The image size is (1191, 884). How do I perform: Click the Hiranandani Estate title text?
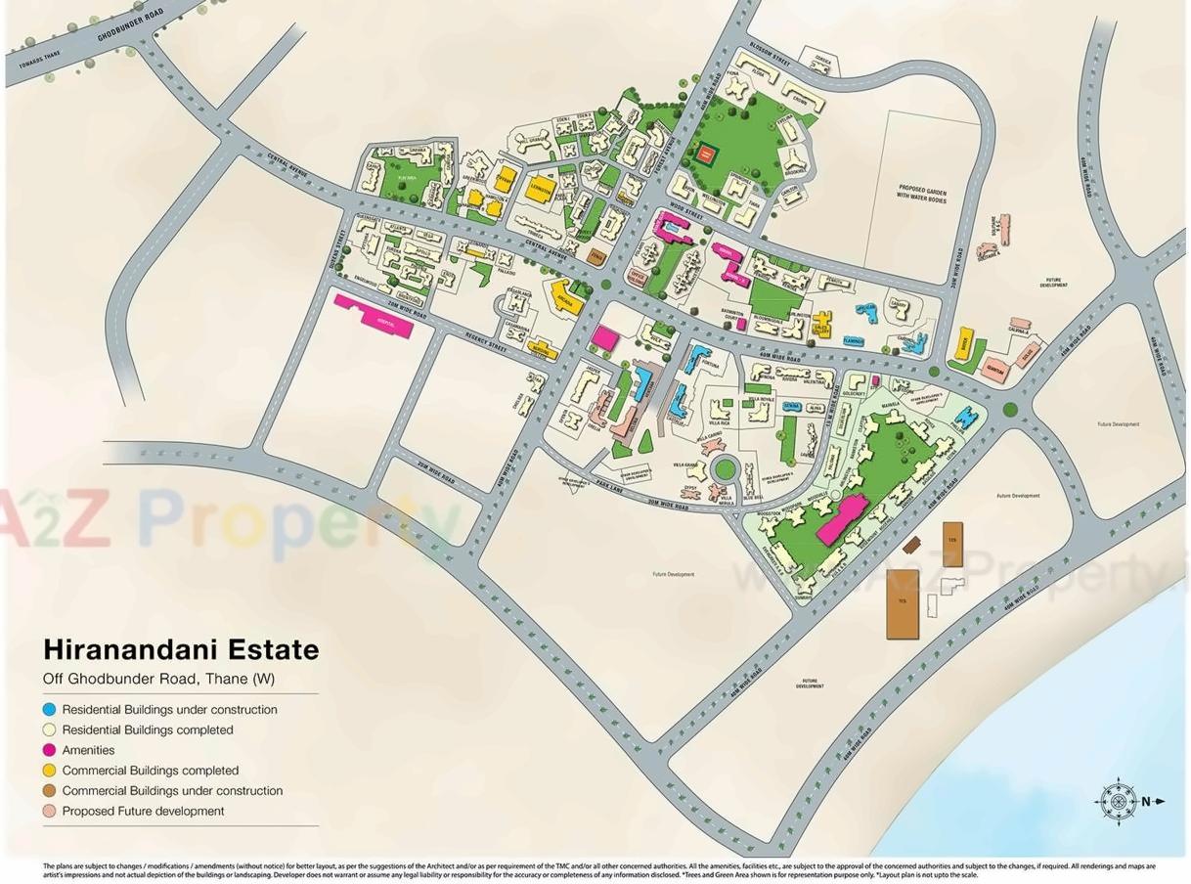[x=181, y=650]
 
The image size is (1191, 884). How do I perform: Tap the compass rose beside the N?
[x=1117, y=802]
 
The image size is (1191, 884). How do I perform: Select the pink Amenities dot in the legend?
[x=49, y=750]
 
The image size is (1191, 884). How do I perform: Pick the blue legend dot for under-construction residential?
[x=49, y=710]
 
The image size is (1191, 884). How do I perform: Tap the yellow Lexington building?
[x=541, y=190]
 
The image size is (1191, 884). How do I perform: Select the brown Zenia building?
[x=596, y=257]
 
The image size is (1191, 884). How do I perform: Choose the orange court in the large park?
[x=706, y=154]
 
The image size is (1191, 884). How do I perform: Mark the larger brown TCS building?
[x=902, y=603]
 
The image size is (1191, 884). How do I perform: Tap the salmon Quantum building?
[x=994, y=370]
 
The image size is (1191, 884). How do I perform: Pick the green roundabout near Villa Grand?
[x=725, y=469]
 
